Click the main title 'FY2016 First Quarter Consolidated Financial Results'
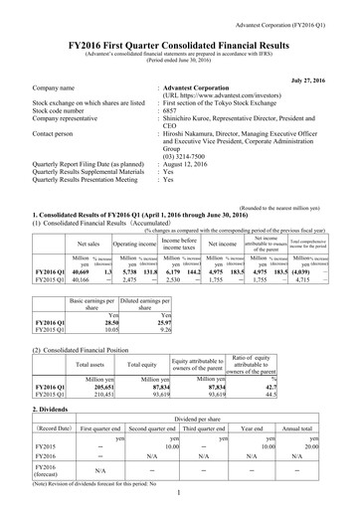tap(180, 29)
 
